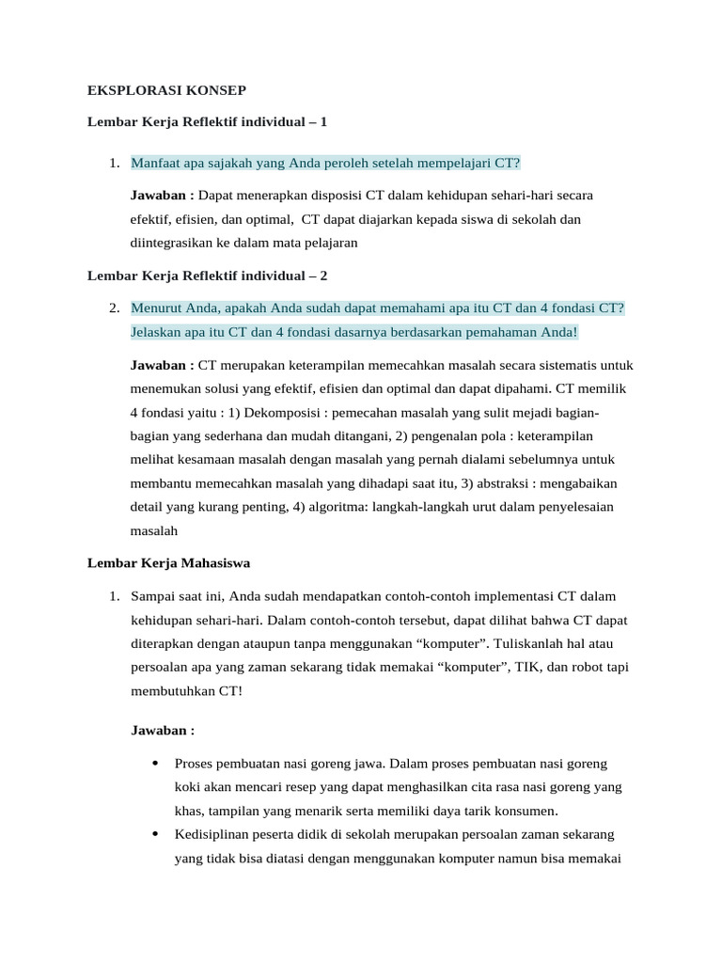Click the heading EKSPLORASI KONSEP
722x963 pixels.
click(166, 90)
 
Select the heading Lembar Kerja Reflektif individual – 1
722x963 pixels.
click(207, 122)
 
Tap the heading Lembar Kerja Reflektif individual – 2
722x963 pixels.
click(208, 276)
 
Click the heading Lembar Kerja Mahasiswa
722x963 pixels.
click(168, 563)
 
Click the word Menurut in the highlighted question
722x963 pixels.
click(157, 308)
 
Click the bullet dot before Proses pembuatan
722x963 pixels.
click(153, 763)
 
